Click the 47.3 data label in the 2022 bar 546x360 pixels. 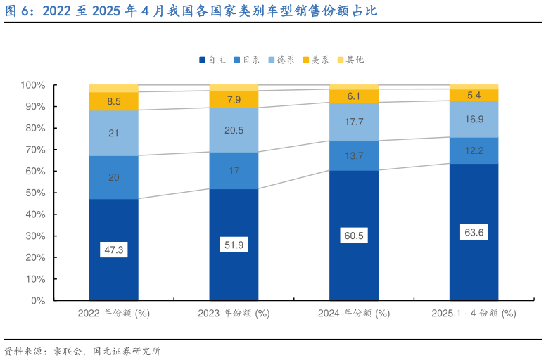113,249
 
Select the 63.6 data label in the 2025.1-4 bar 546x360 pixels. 474,233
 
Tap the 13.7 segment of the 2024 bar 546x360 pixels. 354,155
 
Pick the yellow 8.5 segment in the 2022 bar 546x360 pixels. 113,101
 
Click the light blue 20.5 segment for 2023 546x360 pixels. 234,130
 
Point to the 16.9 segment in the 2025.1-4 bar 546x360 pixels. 474,119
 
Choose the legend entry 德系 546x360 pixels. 284,60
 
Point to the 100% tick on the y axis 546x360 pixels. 32,85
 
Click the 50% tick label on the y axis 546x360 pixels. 34,193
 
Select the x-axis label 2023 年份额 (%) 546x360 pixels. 234,314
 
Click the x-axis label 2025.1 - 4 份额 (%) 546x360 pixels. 474,314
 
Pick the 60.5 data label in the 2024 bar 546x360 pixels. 354,236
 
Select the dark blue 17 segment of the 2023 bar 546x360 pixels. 234,170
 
